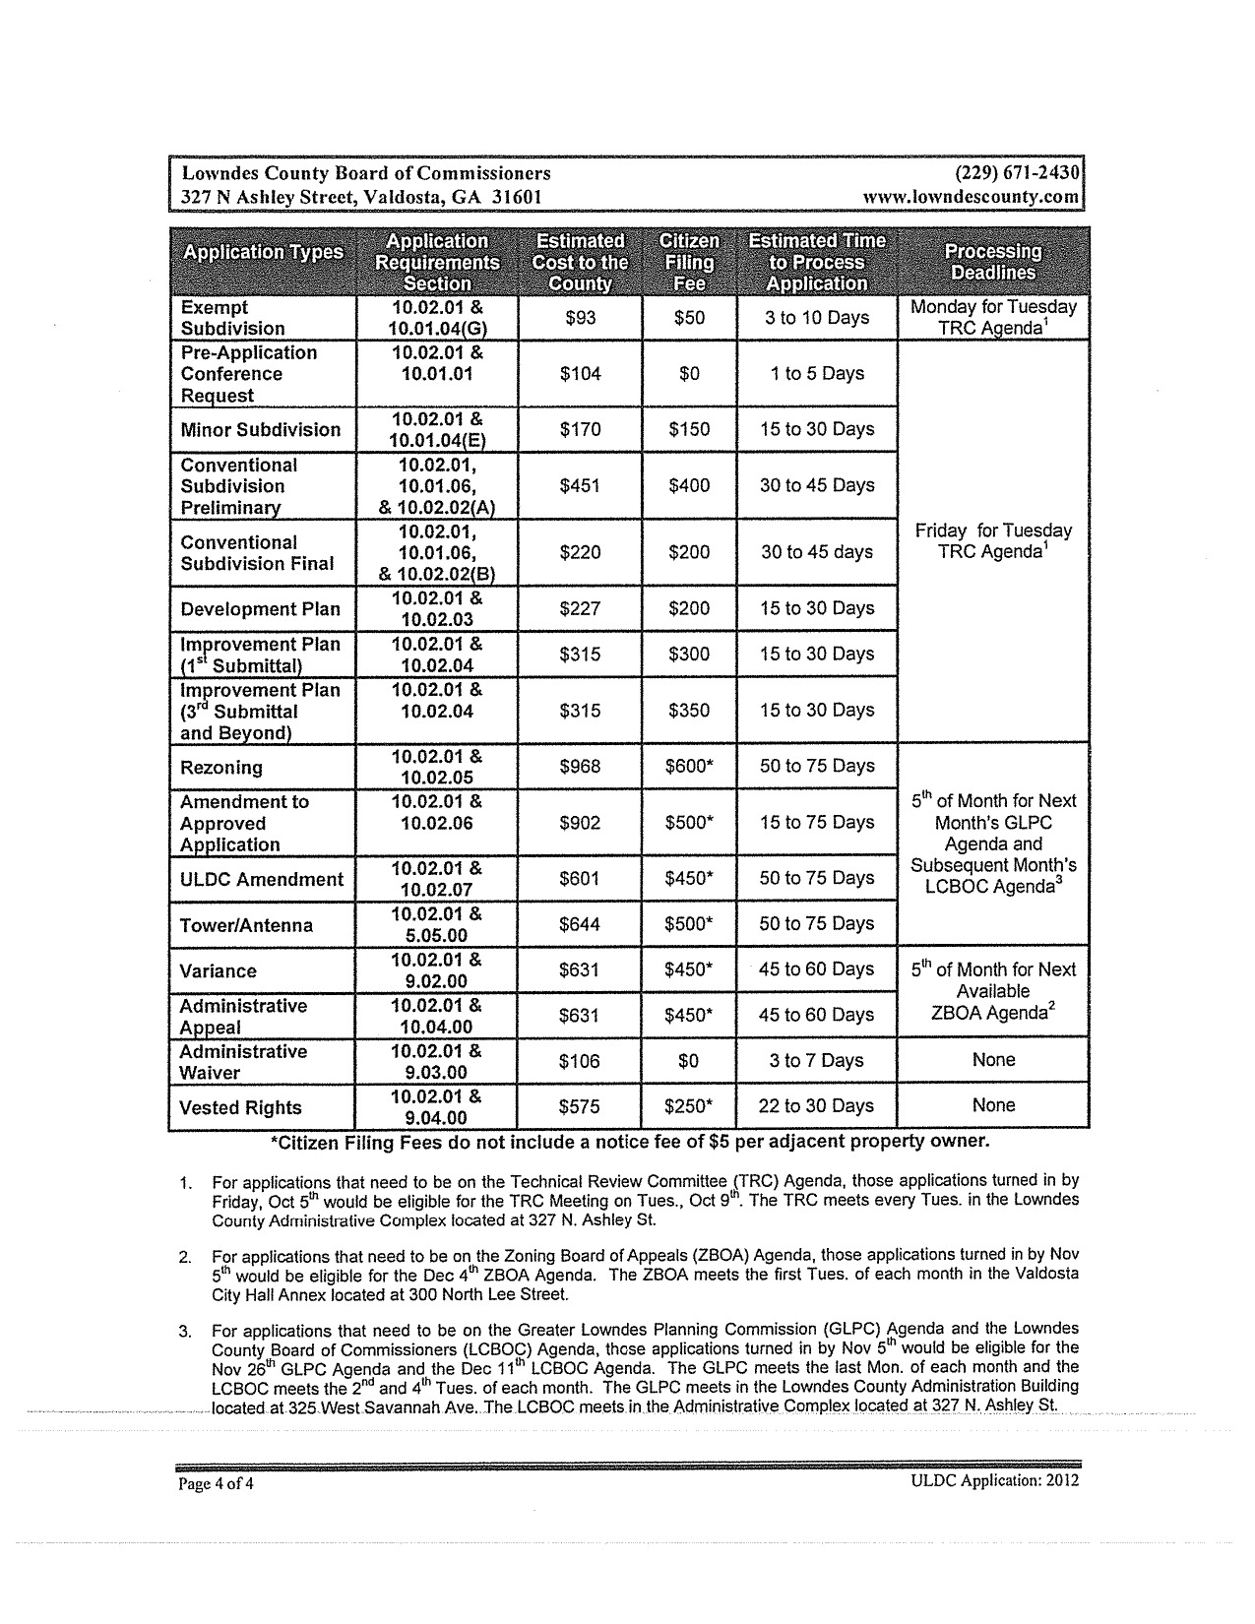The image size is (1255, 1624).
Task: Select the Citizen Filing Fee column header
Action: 688,263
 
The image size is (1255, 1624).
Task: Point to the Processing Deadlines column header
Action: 992,263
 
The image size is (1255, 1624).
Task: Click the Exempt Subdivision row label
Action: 232,318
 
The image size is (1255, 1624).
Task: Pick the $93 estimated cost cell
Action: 580,318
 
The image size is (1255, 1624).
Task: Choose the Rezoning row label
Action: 221,768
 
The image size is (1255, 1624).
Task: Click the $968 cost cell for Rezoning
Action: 580,766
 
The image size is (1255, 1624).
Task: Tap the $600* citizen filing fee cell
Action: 688,766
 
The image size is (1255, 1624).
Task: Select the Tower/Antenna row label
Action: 246,925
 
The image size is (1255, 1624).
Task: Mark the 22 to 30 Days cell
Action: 816,1106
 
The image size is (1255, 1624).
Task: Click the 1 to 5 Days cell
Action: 817,374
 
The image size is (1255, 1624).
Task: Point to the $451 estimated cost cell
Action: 580,486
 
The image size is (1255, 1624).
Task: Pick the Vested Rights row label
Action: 240,1108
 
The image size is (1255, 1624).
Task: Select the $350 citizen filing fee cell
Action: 688,711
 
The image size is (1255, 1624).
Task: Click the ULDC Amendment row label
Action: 261,880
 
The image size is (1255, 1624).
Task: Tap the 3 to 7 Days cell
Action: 816,1061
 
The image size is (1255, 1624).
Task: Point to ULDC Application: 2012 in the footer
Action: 995,1480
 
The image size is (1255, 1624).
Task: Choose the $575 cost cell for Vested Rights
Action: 580,1106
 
